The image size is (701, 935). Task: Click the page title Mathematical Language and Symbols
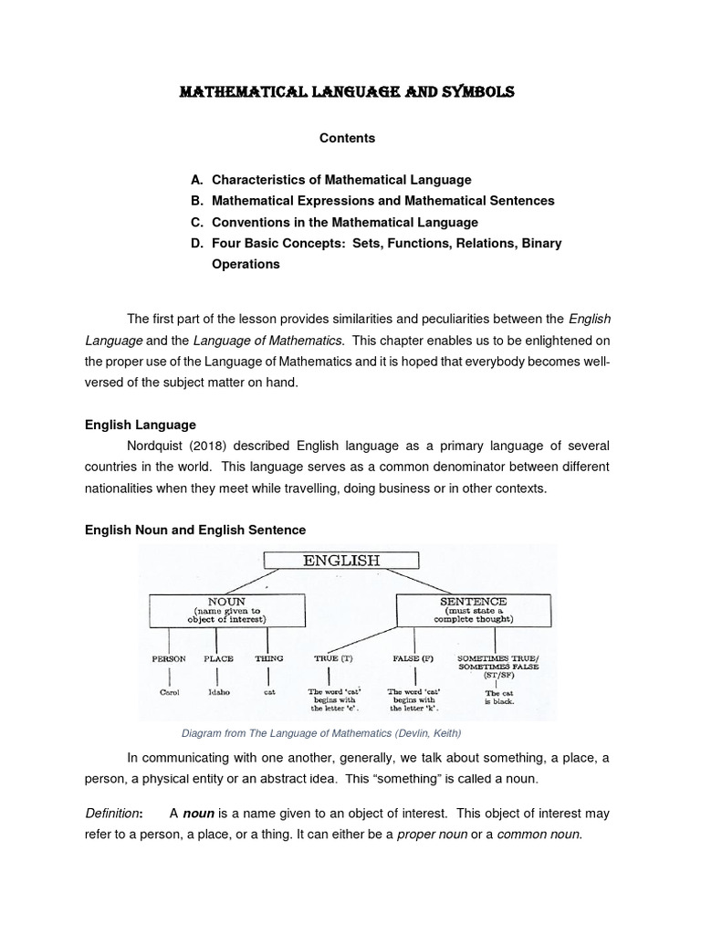[346, 92]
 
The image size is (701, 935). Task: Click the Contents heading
[347, 138]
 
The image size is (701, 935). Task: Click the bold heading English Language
[140, 425]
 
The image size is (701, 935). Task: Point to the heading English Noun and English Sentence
[195, 530]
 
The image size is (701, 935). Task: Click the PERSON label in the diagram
[170, 658]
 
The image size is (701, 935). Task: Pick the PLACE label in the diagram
[218, 658]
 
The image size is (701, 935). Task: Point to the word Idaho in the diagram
[218, 693]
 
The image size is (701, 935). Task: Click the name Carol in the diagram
[170, 693]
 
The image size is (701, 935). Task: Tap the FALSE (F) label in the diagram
[413, 658]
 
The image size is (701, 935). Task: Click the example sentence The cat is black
[498, 699]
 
